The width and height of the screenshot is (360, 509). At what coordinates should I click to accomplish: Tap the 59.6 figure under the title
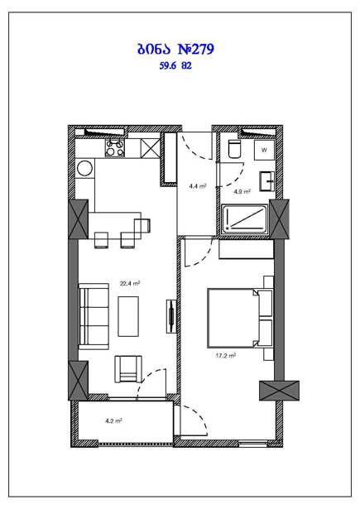click(x=167, y=66)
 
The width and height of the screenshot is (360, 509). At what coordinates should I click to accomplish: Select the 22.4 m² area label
click(x=130, y=283)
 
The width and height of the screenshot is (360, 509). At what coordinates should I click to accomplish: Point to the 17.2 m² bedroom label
click(x=226, y=355)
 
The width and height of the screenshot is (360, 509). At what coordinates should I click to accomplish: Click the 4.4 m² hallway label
click(x=198, y=186)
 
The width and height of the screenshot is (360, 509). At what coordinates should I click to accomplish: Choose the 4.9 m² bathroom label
click(x=242, y=191)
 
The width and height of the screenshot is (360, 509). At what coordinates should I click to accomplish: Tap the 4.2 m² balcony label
click(x=113, y=421)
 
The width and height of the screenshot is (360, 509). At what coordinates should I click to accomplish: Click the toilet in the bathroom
click(x=234, y=149)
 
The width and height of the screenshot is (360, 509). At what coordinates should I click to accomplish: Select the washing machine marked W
click(x=264, y=150)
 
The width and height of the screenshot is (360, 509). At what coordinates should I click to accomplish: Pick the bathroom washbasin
click(x=266, y=181)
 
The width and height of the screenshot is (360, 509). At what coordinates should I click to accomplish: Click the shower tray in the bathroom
click(x=245, y=218)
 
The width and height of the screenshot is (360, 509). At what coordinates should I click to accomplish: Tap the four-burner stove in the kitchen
click(x=114, y=147)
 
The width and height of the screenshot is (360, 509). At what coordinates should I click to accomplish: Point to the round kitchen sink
click(x=84, y=169)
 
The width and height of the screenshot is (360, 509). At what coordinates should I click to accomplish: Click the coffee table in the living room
click(x=128, y=316)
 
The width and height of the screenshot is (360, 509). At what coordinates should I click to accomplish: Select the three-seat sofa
click(x=94, y=316)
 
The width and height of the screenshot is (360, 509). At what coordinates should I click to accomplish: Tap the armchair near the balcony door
click(x=128, y=369)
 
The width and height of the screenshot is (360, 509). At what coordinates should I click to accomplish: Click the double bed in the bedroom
click(x=240, y=318)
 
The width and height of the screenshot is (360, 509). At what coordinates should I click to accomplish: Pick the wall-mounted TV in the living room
click(x=171, y=316)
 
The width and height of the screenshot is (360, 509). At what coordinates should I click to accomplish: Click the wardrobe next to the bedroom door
click(x=247, y=249)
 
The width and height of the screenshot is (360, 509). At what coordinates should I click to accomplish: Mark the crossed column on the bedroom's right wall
click(x=279, y=391)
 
